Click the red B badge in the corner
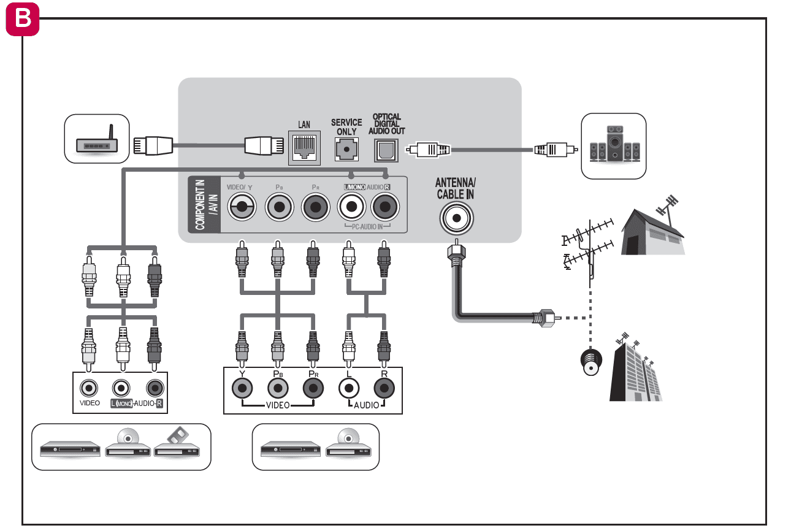pyautogui.click(x=22, y=18)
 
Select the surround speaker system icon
pyautogui.click(x=614, y=145)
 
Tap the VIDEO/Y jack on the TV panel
pyautogui.click(x=242, y=209)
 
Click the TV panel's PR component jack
pyautogui.click(x=316, y=209)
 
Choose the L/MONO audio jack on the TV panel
pyautogui.click(x=352, y=209)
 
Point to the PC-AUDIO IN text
pyautogui.click(x=369, y=227)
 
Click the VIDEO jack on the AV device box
pyautogui.click(x=90, y=388)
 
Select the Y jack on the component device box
pyautogui.click(x=242, y=388)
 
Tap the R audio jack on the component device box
pyautogui.click(x=384, y=388)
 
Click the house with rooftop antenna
pyautogui.click(x=652, y=227)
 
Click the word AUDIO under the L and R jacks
pyautogui.click(x=367, y=406)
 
